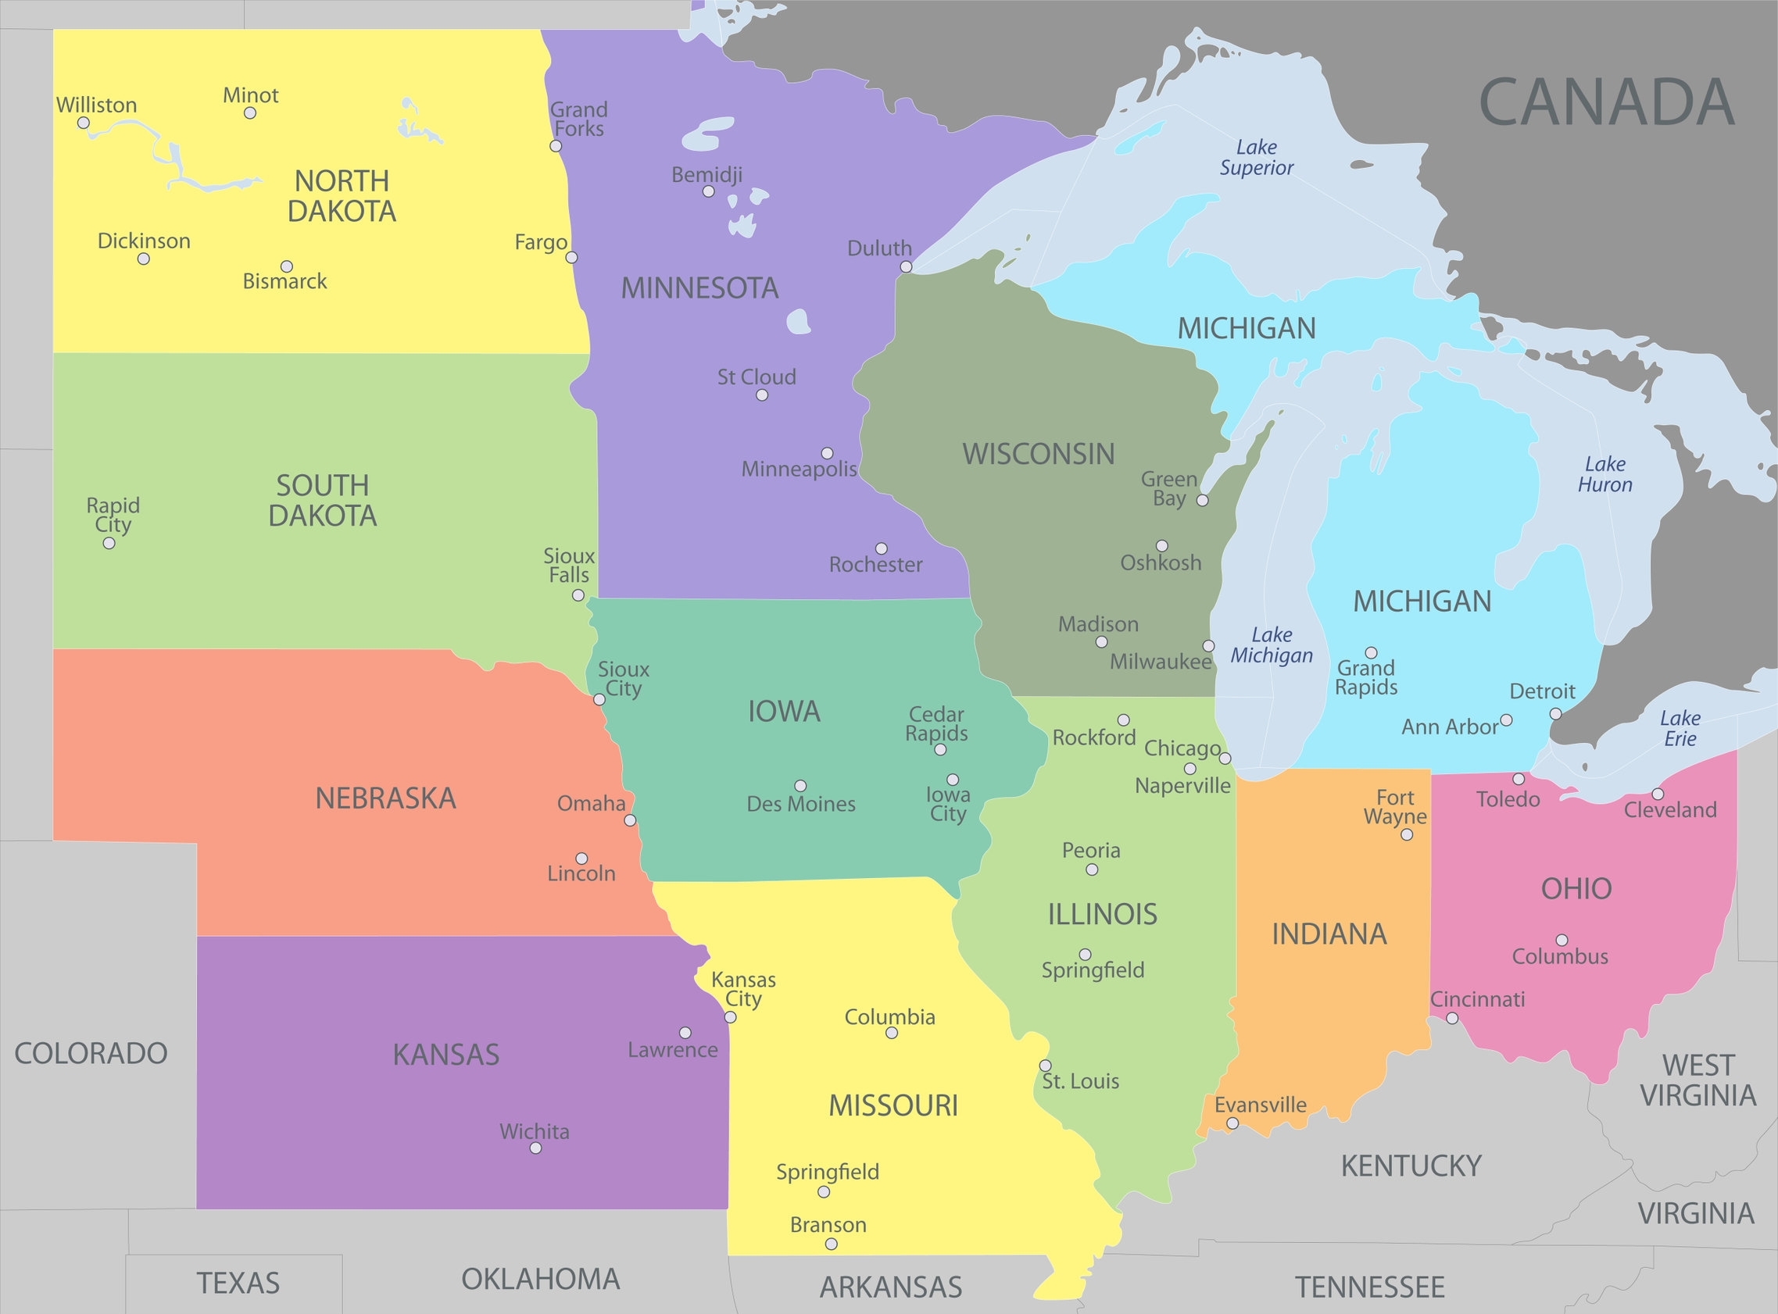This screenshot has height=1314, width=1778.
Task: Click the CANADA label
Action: (x=1605, y=102)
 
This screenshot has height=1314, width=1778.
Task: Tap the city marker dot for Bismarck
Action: (x=286, y=266)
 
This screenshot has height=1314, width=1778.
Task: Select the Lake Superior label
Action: (x=1256, y=158)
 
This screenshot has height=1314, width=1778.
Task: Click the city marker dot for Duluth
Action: (x=905, y=267)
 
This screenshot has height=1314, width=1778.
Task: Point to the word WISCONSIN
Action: (x=1038, y=454)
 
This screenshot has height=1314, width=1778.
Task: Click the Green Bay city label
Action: (x=1168, y=488)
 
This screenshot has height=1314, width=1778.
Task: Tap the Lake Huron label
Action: (x=1604, y=474)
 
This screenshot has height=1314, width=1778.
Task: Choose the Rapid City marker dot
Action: (x=109, y=543)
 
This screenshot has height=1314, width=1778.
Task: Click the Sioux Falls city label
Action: (x=569, y=565)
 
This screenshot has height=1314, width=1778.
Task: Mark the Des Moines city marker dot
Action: (x=800, y=786)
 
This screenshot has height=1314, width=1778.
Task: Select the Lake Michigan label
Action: (x=1272, y=645)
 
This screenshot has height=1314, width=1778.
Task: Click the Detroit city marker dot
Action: (x=1555, y=714)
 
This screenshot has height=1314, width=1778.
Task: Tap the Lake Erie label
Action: (x=1680, y=728)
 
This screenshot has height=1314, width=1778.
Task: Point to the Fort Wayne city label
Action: (x=1394, y=806)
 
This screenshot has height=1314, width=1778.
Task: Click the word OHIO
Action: (x=1576, y=888)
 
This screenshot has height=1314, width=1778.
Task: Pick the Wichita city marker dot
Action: (x=535, y=1148)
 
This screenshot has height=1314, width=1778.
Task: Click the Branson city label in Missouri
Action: (x=828, y=1224)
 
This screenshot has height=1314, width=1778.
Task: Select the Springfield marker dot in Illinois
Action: (x=1084, y=955)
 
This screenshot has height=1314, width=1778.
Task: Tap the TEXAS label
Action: (x=238, y=1283)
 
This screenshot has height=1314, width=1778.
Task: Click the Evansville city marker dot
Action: (x=1232, y=1123)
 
